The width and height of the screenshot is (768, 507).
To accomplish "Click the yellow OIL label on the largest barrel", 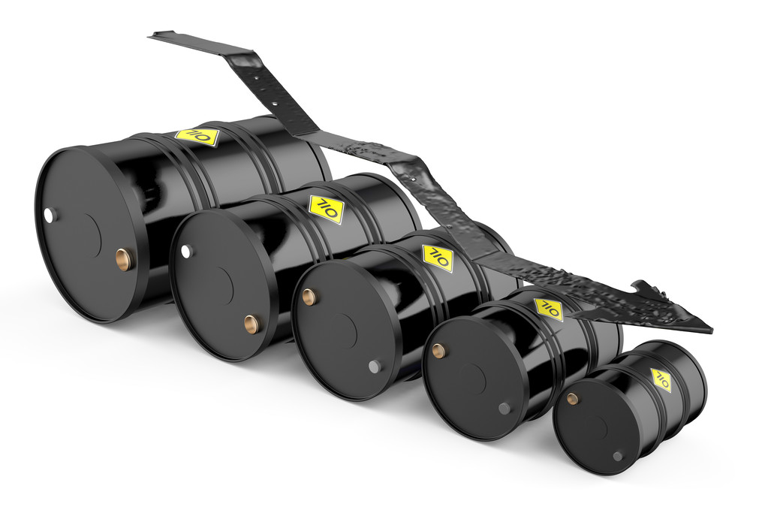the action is (197, 136).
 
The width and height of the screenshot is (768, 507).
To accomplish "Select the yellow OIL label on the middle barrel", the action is (438, 258).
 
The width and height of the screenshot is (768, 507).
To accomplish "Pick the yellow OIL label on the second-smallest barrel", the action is (549, 309).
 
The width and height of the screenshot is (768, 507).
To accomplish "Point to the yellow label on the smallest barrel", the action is (661, 379).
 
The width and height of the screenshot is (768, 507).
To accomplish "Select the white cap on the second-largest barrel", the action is (187, 252).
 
